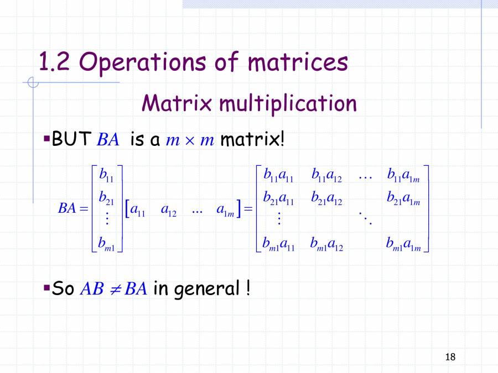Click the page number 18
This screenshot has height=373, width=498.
(x=450, y=357)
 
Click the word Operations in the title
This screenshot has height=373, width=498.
(x=144, y=62)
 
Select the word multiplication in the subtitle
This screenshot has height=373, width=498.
(x=288, y=103)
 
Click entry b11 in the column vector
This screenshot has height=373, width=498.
(x=106, y=175)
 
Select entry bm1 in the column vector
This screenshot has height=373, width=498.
(x=107, y=242)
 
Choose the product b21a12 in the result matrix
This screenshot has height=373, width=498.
(x=326, y=197)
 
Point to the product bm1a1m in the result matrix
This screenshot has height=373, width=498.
(x=403, y=243)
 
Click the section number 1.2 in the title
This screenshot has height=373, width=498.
(x=53, y=62)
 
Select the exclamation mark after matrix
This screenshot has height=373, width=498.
(x=282, y=139)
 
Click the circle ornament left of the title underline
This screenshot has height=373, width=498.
(x=33, y=83)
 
